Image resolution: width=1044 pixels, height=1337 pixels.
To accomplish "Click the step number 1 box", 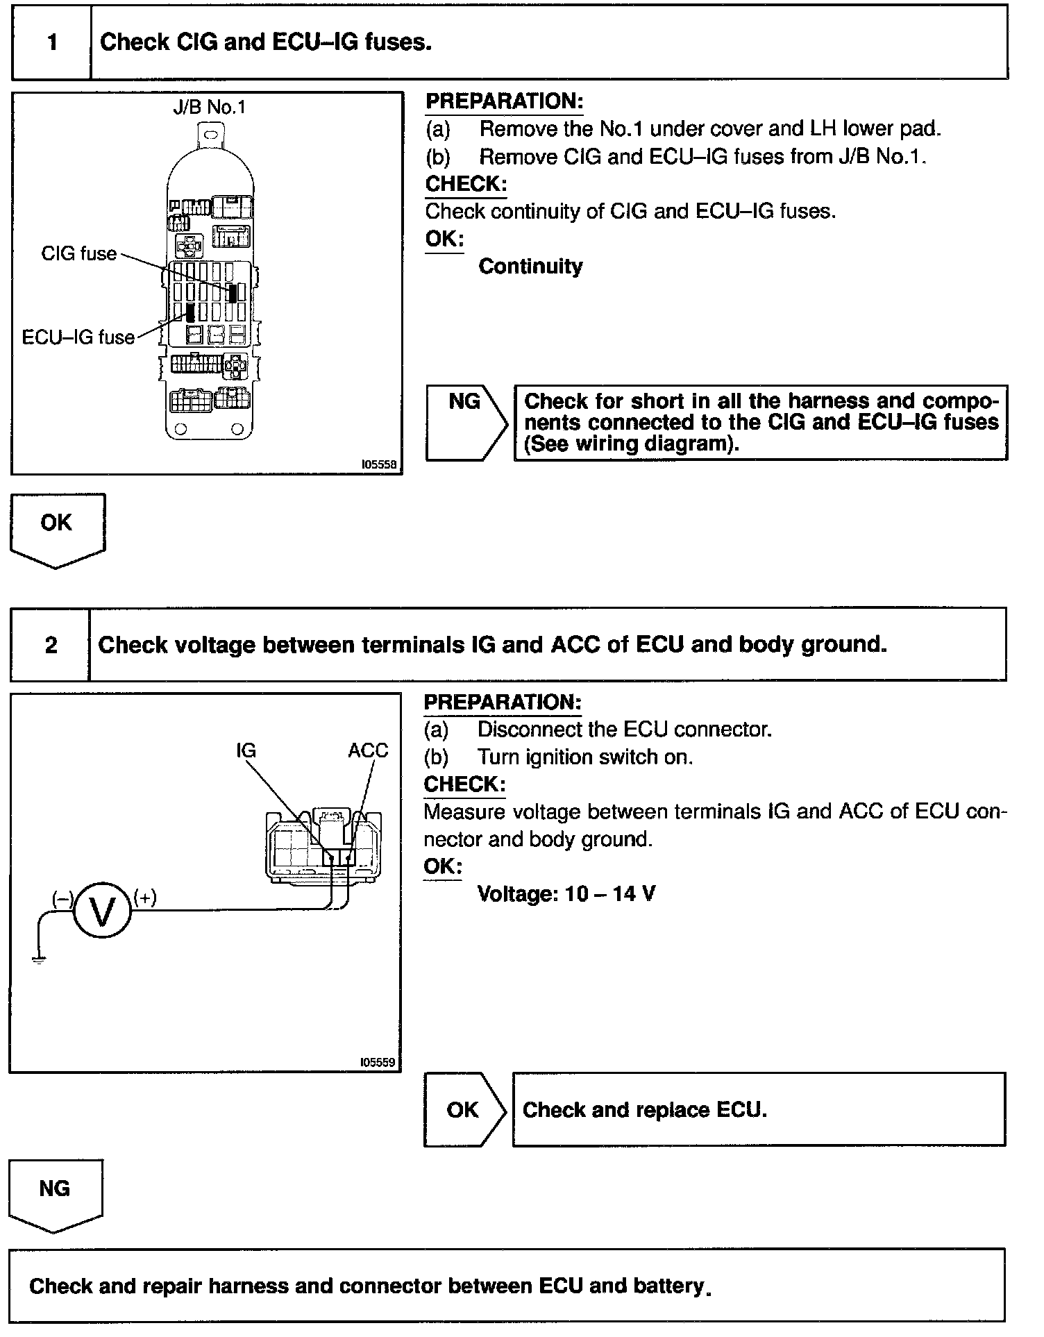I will coord(52,43).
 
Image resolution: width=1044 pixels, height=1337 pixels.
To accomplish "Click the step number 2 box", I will coord(51,645).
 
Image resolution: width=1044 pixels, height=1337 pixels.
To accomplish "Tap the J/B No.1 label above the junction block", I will coord(209,108).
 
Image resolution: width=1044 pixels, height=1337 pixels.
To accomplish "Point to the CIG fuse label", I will coord(78,254).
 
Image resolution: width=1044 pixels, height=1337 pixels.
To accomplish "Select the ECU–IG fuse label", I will coord(78,338).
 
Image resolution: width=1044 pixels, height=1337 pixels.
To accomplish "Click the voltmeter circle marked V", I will coord(102,911).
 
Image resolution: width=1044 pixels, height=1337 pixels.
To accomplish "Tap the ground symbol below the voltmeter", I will coord(38,959).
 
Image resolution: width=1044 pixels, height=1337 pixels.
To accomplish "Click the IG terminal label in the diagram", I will coord(246,750).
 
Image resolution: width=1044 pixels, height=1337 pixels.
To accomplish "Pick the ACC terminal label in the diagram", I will coord(368,750).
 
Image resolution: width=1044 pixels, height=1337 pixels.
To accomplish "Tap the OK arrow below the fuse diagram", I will coord(57,528).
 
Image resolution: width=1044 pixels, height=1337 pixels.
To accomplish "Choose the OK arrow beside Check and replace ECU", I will coord(464,1110).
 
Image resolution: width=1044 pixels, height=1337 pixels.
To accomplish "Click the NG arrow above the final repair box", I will coord(55,1192).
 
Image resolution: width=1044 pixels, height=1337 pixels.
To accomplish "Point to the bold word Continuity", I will coord(530,267).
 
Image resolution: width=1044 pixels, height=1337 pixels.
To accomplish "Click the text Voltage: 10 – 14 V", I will coord(566,893).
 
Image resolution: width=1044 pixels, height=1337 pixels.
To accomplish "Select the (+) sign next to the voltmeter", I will coord(145,898).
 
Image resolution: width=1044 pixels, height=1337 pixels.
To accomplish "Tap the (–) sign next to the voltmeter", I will coord(62,898).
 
